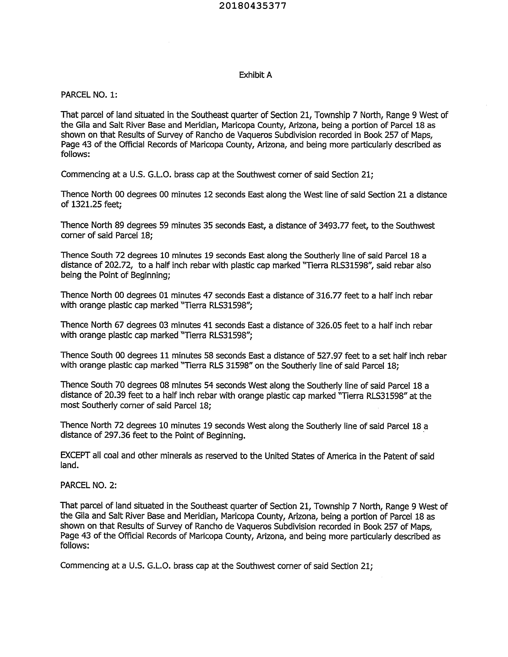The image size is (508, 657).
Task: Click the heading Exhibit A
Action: [255, 75]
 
